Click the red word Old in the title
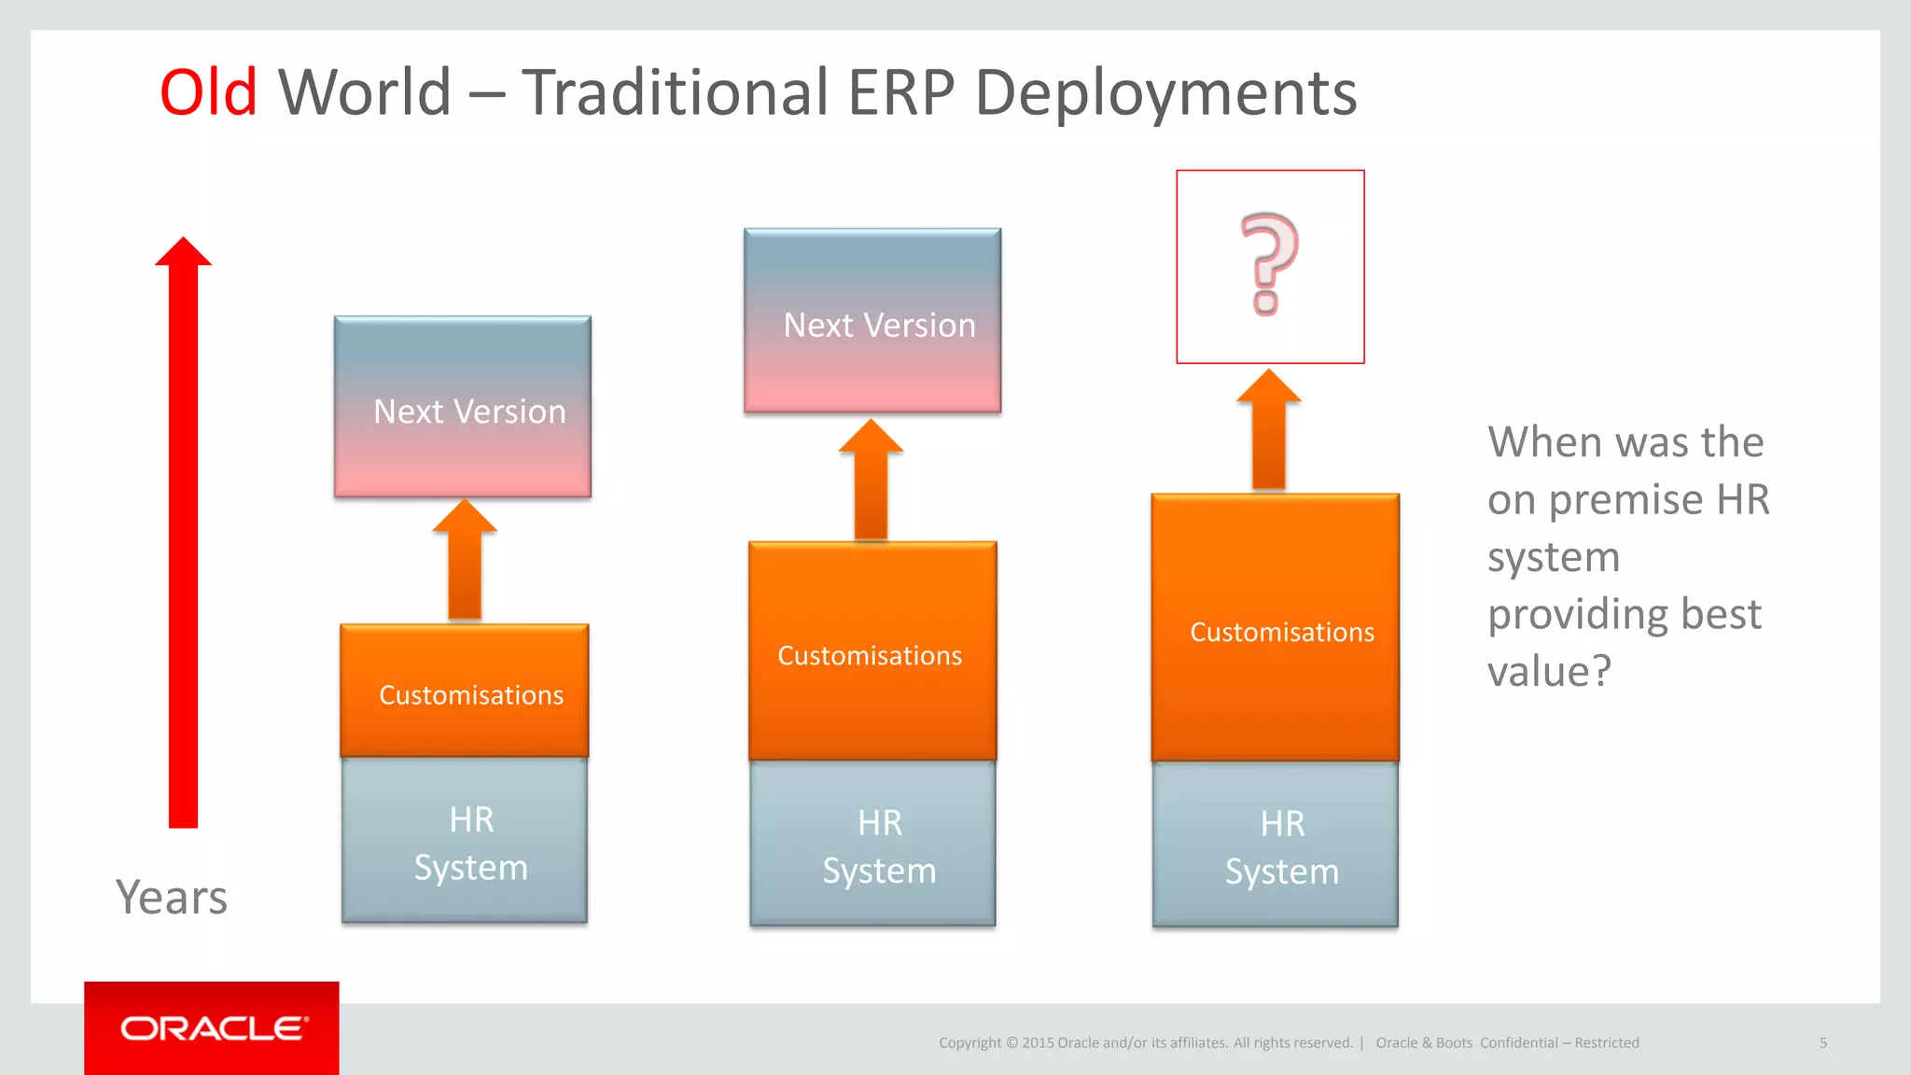[x=208, y=92]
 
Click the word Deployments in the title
[x=1165, y=94]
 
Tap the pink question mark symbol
[x=1268, y=264]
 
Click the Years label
[x=172, y=897]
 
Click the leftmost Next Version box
[x=463, y=407]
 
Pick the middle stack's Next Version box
[x=872, y=321]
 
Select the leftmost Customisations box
[x=465, y=691]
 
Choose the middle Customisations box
[x=872, y=652]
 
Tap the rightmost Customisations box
[x=1276, y=629]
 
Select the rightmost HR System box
[x=1276, y=845]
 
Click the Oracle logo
[x=213, y=1028]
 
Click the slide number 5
[x=1823, y=1042]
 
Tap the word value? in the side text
[x=1549, y=672]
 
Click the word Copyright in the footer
[x=969, y=1042]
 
